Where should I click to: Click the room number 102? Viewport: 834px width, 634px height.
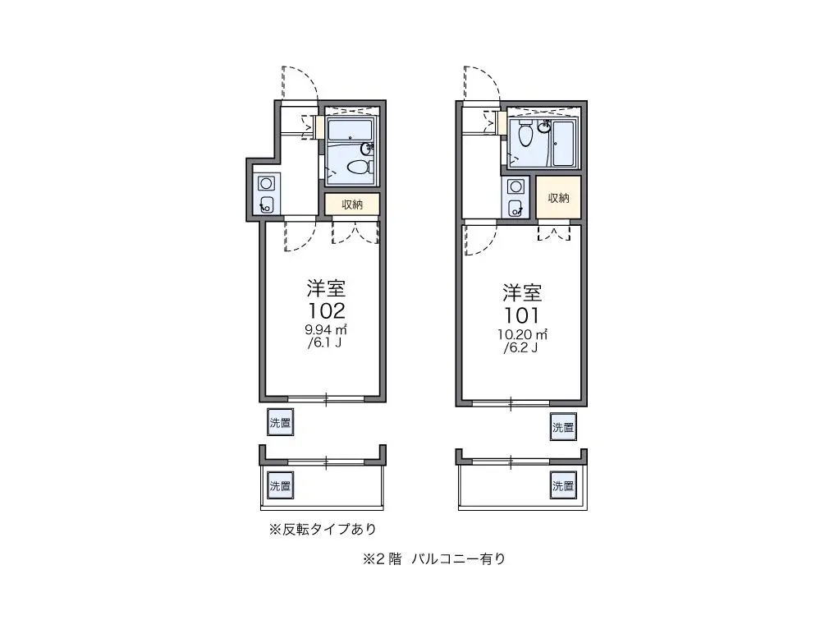pos(326,310)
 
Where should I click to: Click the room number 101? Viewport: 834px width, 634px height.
pos(521,315)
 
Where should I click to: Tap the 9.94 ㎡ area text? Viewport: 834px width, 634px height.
pos(326,330)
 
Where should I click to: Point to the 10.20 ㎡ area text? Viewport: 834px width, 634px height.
pos(523,335)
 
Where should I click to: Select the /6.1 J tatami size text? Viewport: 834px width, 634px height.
pos(324,342)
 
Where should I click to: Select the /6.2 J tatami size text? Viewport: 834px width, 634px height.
pos(520,348)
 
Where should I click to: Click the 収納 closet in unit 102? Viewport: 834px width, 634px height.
pos(352,204)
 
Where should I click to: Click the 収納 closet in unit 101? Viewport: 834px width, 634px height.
pos(558,197)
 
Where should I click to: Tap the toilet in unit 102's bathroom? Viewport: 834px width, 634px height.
pos(360,168)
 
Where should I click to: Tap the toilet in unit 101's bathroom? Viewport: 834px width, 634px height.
pos(525,133)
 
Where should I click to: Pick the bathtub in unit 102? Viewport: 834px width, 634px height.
pos(351,130)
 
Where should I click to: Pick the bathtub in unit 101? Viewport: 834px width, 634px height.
pos(563,145)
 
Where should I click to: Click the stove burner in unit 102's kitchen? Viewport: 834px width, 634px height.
pos(265,184)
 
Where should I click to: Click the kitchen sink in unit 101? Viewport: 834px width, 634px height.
pos(516,208)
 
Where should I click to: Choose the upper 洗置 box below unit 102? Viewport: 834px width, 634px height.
pos(280,423)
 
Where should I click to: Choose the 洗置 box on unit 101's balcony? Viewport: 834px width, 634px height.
pos(563,485)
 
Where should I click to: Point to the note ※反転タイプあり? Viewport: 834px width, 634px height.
pos(323,529)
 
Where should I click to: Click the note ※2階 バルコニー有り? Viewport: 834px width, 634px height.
pos(434,559)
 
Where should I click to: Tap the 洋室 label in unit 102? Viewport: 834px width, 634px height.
pos(326,288)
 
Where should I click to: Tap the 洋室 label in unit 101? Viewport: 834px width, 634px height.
pos(522,293)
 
